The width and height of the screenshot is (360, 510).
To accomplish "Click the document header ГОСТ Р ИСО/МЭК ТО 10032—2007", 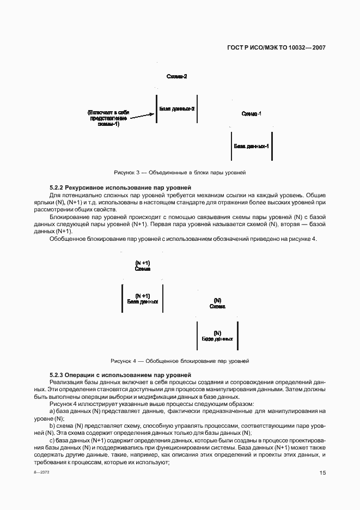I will click(x=276, y=48).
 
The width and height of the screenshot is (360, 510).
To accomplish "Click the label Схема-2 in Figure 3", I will click(x=176, y=77).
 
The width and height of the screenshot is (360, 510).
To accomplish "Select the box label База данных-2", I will click(x=177, y=109).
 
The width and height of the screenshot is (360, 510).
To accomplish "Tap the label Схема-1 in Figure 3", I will click(x=251, y=113).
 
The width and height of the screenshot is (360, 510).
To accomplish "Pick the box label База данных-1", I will click(x=252, y=147).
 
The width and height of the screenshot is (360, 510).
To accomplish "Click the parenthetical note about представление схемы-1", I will click(x=108, y=118).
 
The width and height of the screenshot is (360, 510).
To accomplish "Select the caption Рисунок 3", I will click(x=180, y=172).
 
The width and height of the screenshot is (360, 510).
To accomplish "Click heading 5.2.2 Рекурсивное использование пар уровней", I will click(x=120, y=187).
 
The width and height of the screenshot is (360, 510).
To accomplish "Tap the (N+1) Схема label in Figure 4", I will click(x=143, y=266).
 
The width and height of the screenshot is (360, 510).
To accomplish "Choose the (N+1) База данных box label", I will click(x=143, y=299).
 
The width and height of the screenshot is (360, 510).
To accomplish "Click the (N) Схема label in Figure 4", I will click(x=217, y=303).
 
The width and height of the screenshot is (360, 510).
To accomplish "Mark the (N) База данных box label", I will click(x=217, y=336).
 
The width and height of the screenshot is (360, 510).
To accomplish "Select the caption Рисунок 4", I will click(x=180, y=361).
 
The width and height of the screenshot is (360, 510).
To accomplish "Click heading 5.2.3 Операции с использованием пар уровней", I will click(x=120, y=375).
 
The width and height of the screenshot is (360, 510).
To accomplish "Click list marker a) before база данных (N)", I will click(x=52, y=411).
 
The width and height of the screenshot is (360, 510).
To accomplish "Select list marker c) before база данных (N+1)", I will click(x=52, y=440).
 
